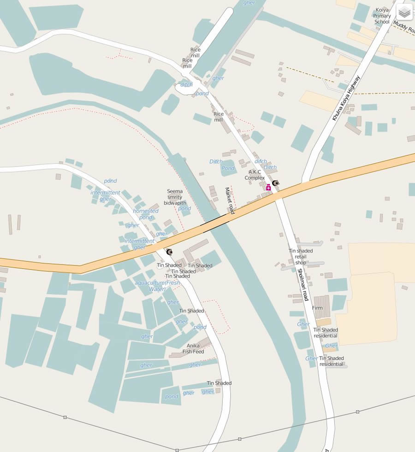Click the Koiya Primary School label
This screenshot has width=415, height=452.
(382, 16)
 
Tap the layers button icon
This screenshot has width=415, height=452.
(404, 12)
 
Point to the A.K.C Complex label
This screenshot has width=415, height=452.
(255, 175)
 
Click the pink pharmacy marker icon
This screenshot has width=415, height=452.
(268, 187)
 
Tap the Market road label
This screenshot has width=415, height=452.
(230, 200)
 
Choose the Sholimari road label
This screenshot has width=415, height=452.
(302, 285)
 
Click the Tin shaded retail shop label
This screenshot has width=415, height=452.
(301, 257)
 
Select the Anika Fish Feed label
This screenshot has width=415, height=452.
(193, 348)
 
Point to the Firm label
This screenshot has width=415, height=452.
(317, 308)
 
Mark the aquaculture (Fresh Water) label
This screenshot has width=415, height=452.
(157, 286)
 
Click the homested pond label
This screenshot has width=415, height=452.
(146, 214)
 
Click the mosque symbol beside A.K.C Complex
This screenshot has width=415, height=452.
(276, 183)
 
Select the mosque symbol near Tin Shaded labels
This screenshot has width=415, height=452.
(169, 252)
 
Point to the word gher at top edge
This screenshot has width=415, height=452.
(249, 3)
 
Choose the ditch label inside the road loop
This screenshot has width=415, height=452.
(186, 85)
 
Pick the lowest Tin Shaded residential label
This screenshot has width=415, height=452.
(332, 361)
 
